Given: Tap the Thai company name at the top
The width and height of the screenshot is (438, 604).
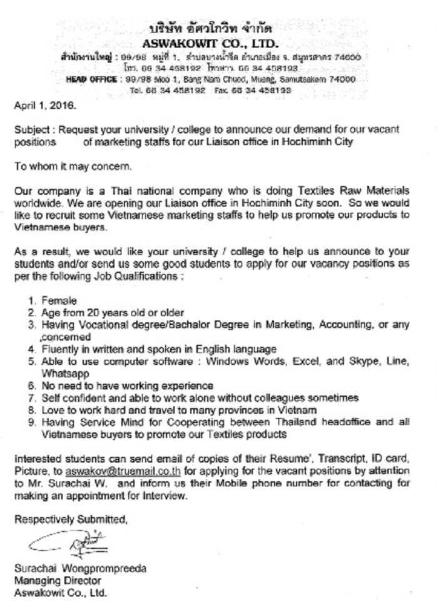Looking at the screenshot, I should click(210, 30).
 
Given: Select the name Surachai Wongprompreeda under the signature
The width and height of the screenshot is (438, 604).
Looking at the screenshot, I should click(80, 569).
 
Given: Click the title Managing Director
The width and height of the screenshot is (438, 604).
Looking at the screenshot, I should click(49, 580).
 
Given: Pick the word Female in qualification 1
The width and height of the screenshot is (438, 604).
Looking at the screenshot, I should click(59, 301).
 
